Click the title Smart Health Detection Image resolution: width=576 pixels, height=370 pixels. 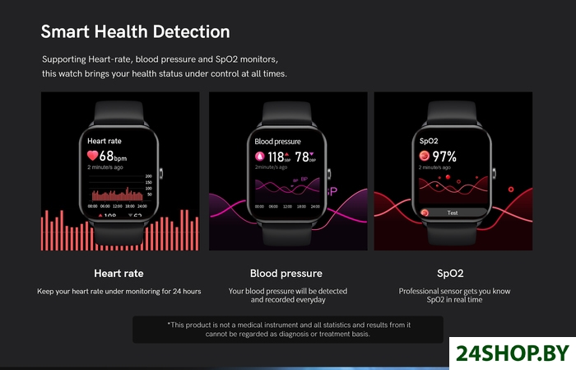pyautogui.click(x=136, y=32)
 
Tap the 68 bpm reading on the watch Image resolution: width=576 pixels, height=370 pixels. pyautogui.click(x=112, y=155)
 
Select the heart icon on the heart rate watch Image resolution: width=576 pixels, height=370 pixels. pyautogui.click(x=92, y=155)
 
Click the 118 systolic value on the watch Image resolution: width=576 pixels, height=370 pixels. pyautogui.click(x=276, y=157)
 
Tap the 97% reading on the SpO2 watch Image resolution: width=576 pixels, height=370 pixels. pyautogui.click(x=444, y=156)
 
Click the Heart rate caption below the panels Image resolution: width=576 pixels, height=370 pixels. pyautogui.click(x=118, y=273)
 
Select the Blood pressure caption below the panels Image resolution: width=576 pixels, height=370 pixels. pyautogui.click(x=286, y=273)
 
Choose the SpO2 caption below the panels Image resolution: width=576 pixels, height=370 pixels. pyautogui.click(x=453, y=273)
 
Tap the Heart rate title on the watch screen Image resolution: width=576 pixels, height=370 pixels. pyautogui.click(x=105, y=141)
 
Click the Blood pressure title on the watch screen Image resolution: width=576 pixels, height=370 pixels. pyautogui.click(x=278, y=142)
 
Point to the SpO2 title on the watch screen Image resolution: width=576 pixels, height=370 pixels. pyautogui.click(x=429, y=142)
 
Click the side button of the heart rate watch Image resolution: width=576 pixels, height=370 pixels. pyautogui.click(x=162, y=173)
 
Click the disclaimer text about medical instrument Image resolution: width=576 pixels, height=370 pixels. pyautogui.click(x=288, y=330)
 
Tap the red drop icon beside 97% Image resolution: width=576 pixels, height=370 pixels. pyautogui.click(x=425, y=156)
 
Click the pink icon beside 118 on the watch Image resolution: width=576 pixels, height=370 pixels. pyautogui.click(x=259, y=157)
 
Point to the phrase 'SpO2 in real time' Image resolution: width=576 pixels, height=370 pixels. pyautogui.click(x=453, y=300)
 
